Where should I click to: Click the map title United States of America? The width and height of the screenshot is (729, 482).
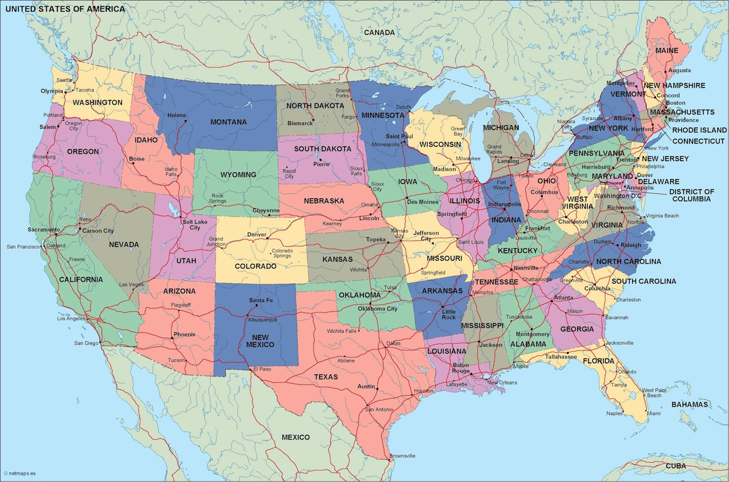(x=65, y=9)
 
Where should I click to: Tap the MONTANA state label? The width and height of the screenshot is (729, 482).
(x=229, y=122)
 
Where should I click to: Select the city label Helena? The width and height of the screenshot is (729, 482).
(x=177, y=115)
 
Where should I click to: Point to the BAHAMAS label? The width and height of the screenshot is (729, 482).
(x=689, y=404)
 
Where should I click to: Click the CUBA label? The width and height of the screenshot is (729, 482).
(x=676, y=466)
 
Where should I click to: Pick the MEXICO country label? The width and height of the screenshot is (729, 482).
(x=295, y=437)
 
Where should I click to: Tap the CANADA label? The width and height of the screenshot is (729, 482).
(x=379, y=32)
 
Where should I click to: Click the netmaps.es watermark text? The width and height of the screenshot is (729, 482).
(x=21, y=474)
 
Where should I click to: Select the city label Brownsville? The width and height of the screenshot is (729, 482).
(x=402, y=456)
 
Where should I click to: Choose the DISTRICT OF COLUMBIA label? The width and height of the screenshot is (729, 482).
(x=691, y=195)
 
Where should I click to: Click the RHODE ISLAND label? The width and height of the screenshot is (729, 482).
(x=699, y=130)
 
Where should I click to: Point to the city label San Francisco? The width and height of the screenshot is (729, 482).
(x=23, y=247)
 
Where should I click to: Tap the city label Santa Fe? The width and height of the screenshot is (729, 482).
(x=260, y=300)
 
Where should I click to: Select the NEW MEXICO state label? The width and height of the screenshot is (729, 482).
(x=260, y=341)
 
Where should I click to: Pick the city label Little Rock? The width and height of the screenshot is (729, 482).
(x=448, y=314)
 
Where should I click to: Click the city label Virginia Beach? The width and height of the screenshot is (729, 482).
(x=662, y=215)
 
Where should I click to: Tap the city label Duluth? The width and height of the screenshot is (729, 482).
(x=403, y=107)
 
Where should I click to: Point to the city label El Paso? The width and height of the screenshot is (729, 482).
(x=262, y=369)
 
